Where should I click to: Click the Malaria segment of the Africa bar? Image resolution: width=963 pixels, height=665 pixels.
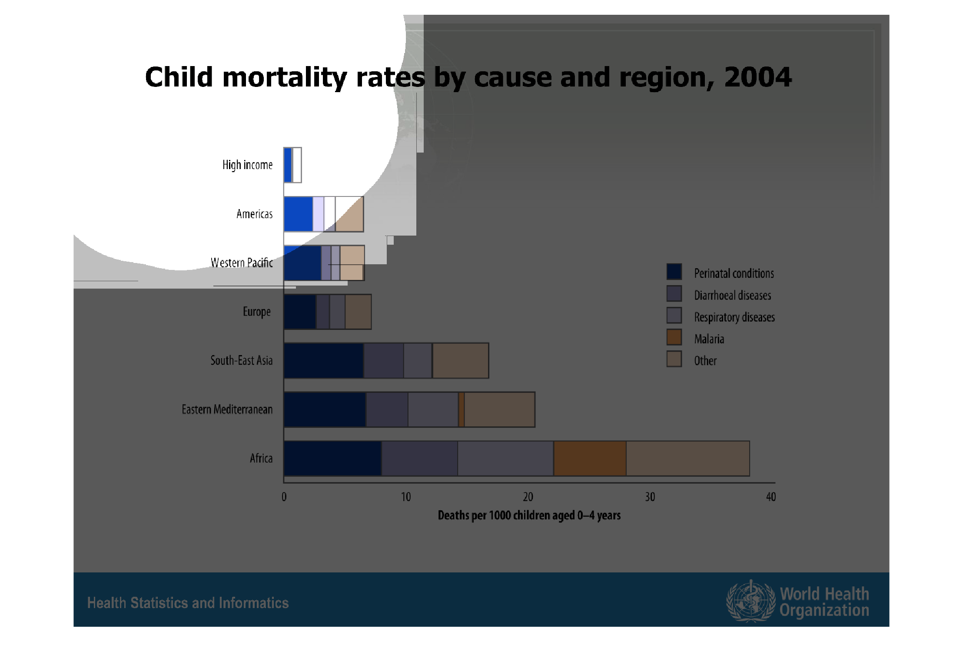pos(590,459)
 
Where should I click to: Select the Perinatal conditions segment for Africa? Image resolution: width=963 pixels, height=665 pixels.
pos(332,459)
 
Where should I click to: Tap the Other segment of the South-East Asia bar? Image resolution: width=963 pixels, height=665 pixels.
pos(461,361)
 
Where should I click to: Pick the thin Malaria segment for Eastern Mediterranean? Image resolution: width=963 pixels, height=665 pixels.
pos(462,409)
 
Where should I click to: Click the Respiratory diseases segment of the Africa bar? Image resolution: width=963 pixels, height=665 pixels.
pos(505,459)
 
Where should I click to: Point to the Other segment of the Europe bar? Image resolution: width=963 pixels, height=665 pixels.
pos(358,312)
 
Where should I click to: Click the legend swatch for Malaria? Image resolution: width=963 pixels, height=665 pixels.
pos(674,337)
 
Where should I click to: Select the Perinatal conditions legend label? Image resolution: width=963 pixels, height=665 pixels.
pos(734,273)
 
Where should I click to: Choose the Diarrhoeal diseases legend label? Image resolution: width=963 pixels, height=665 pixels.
pos(732,296)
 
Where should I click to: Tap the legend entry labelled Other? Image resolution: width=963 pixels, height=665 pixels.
pos(705,361)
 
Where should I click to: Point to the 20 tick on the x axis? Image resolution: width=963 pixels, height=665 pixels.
pos(528,497)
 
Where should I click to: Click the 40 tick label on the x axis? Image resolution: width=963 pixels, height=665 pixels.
pos(771,497)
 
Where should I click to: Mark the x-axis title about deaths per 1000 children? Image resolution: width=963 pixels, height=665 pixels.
pos(529,515)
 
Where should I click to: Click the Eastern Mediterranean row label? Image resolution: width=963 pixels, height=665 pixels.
pos(227,409)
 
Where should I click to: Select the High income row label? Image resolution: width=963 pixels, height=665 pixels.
pos(247,165)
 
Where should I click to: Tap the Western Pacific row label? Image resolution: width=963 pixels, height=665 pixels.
pos(242,263)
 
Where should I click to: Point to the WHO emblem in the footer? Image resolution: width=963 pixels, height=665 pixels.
pos(750,601)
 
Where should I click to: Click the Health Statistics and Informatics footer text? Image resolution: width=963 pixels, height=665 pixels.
pos(188,603)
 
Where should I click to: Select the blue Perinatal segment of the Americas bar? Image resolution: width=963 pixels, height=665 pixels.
pos(298,214)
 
